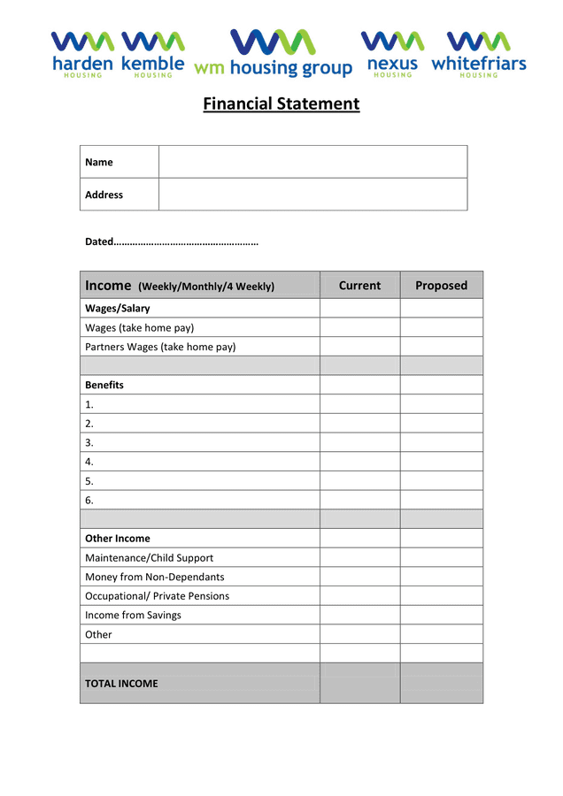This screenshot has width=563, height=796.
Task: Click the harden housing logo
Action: tap(82, 55)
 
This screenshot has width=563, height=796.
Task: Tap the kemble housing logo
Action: tap(152, 55)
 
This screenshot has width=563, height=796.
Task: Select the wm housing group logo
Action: tap(273, 54)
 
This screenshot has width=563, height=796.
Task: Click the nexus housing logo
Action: tap(392, 55)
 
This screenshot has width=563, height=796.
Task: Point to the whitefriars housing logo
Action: tap(478, 55)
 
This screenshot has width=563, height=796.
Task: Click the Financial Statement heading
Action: tap(281, 104)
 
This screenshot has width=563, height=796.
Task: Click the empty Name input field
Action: tap(312, 162)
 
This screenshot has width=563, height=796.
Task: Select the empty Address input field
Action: tap(312, 195)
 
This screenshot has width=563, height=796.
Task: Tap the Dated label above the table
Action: tap(99, 241)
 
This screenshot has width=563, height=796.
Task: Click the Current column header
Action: tap(359, 286)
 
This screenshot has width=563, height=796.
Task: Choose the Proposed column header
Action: tap(441, 286)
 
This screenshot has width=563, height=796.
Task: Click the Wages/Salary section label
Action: tap(117, 309)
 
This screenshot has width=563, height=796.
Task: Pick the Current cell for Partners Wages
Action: tap(359, 347)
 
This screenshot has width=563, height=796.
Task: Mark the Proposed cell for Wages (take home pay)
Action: tap(441, 327)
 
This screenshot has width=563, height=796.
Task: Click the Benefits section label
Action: tap(104, 385)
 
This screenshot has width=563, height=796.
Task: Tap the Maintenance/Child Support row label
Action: tap(149, 558)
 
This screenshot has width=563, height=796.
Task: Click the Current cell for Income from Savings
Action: tap(359, 615)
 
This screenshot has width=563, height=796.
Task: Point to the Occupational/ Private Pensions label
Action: tap(157, 596)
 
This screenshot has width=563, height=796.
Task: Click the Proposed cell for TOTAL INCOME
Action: tap(441, 683)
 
